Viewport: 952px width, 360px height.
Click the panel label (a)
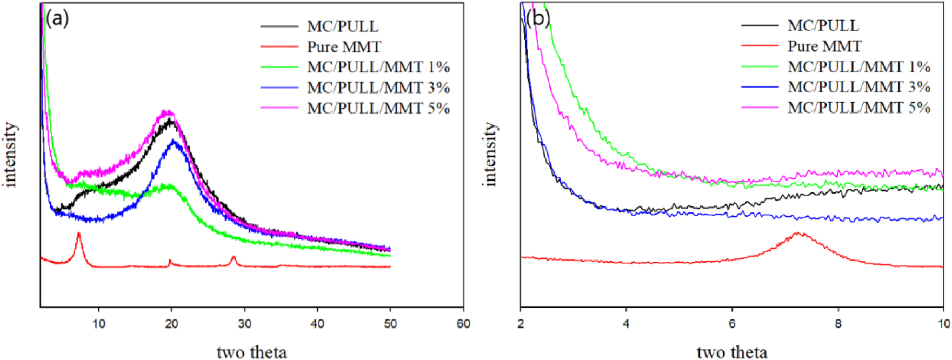pyautogui.click(x=57, y=19)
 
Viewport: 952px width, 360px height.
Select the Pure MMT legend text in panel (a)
pyautogui.click(x=344, y=47)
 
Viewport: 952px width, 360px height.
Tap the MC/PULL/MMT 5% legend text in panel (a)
pyautogui.click(x=378, y=109)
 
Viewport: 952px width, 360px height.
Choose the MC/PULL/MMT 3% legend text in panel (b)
pyautogui.click(x=858, y=87)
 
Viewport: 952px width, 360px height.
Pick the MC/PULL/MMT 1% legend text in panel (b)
pyautogui.click(x=858, y=66)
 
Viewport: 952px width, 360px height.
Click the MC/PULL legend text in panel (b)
pyautogui.click(x=823, y=25)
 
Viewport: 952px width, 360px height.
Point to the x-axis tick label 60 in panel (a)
pyautogui.click(x=463, y=324)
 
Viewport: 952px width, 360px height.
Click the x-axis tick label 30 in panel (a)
pyautogui.click(x=244, y=324)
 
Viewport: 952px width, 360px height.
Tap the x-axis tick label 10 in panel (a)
pyautogui.click(x=98, y=324)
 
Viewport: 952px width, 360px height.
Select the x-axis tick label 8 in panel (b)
pyautogui.click(x=838, y=324)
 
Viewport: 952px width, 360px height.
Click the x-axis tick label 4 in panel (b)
pyautogui.click(x=626, y=324)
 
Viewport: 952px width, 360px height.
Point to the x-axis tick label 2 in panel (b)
pyautogui.click(x=521, y=324)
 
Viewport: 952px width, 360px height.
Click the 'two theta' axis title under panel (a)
pyautogui.click(x=251, y=352)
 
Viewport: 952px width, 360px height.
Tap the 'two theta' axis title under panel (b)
pyautogui.click(x=731, y=352)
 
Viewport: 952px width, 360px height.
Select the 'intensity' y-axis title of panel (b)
pyautogui.click(x=490, y=154)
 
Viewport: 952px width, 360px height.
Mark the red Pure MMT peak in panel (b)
pyautogui.click(x=797, y=234)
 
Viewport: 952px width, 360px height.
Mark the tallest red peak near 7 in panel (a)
pyautogui.click(x=79, y=234)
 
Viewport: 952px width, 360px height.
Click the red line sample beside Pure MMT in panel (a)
pyautogui.click(x=279, y=47)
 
